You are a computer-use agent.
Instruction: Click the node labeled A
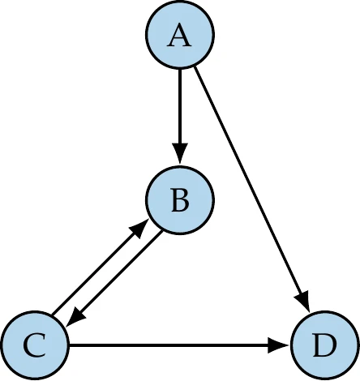pyautogui.click(x=179, y=36)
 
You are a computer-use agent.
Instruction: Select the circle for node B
pyautogui.click(x=179, y=199)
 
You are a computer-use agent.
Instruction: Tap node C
pyautogui.click(x=35, y=346)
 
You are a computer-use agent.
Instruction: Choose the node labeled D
pyautogui.click(x=324, y=346)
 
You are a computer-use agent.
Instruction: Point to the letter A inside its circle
pyautogui.click(x=179, y=37)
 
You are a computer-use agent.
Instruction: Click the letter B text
pyautogui.click(x=179, y=199)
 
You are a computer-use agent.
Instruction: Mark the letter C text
pyautogui.click(x=35, y=347)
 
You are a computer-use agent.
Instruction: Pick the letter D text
pyautogui.click(x=324, y=347)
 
